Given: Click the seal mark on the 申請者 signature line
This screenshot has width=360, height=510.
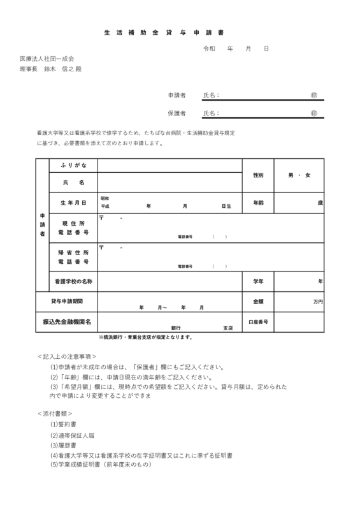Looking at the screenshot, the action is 313,95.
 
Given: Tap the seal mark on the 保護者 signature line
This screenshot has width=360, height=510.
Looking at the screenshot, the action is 313,113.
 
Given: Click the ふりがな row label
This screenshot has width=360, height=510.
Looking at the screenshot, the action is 73,164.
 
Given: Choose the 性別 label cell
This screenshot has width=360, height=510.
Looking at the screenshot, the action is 258,174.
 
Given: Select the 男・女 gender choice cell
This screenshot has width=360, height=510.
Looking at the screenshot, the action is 299,174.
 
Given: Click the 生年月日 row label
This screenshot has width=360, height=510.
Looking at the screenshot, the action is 73,203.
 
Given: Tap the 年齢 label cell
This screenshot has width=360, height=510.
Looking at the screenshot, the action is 258,203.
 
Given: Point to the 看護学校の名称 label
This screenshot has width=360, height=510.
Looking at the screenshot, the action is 73,280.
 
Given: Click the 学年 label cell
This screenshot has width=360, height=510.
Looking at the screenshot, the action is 258,280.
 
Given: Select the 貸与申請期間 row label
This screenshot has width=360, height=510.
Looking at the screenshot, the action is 67,300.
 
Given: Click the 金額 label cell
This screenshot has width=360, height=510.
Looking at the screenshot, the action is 258,300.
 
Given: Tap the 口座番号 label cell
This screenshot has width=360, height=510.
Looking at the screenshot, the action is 258,322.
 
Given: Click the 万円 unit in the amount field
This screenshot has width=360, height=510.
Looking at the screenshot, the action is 318,300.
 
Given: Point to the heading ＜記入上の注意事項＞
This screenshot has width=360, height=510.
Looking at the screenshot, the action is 67,356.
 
